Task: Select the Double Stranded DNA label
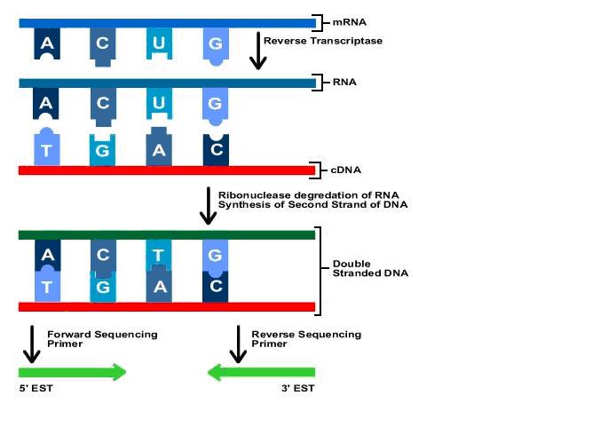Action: click(x=370, y=269)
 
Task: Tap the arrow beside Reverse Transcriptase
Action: click(x=257, y=51)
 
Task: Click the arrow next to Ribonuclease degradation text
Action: click(x=208, y=206)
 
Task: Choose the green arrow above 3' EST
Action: click(x=261, y=372)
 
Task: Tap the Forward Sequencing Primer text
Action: click(x=102, y=338)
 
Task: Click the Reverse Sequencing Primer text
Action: click(x=306, y=338)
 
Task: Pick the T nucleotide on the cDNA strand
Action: click(x=46, y=149)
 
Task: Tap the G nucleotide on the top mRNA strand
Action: click(x=215, y=43)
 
